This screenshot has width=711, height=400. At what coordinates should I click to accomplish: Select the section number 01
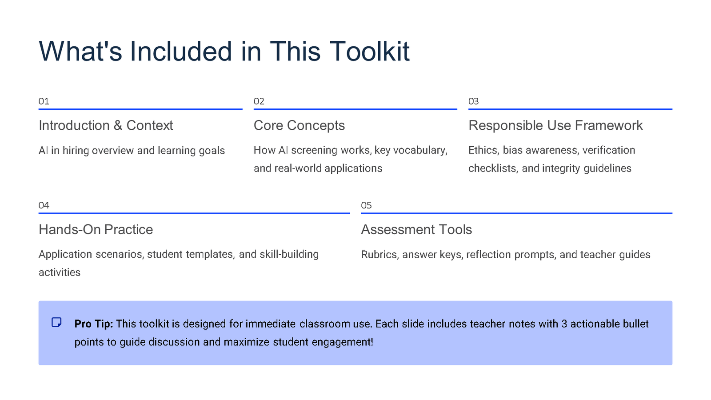(44, 101)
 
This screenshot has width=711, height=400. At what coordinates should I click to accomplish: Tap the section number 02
(259, 101)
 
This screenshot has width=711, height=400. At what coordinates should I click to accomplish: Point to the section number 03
(473, 101)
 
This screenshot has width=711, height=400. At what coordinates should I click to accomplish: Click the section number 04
(44, 205)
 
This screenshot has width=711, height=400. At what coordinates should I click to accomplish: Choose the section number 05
(366, 205)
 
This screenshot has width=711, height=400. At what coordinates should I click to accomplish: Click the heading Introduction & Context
(106, 125)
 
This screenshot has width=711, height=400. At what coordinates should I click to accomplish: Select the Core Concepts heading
(299, 125)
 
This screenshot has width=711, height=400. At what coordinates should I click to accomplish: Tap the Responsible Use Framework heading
(555, 125)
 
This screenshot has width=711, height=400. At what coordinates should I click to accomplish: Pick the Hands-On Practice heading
(96, 229)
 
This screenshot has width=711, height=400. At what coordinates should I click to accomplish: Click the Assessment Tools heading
(416, 229)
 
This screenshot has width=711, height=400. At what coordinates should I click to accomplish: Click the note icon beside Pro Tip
(56, 322)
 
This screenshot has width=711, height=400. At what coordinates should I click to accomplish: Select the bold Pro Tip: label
(94, 324)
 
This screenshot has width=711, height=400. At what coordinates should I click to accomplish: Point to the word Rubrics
(380, 255)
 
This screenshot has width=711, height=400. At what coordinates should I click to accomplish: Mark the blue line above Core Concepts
(355, 109)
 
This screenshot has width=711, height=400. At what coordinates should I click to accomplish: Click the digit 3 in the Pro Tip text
(564, 324)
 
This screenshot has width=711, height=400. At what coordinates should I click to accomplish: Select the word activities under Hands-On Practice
(60, 272)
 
